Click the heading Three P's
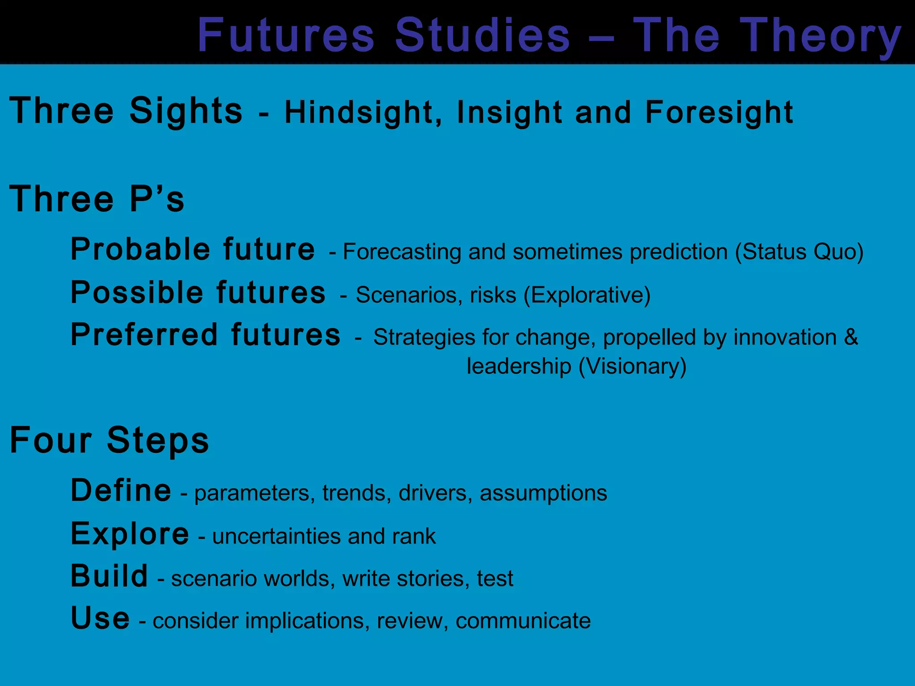pos(97,199)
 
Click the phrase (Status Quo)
pos(799,251)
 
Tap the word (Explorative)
pos(587,295)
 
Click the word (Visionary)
pos(632,366)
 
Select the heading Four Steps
pos(109,440)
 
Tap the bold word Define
pos(121,490)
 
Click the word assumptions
pos(543,493)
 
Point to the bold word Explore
pos(130,534)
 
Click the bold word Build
pos(109,576)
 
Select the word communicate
pos(523,621)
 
